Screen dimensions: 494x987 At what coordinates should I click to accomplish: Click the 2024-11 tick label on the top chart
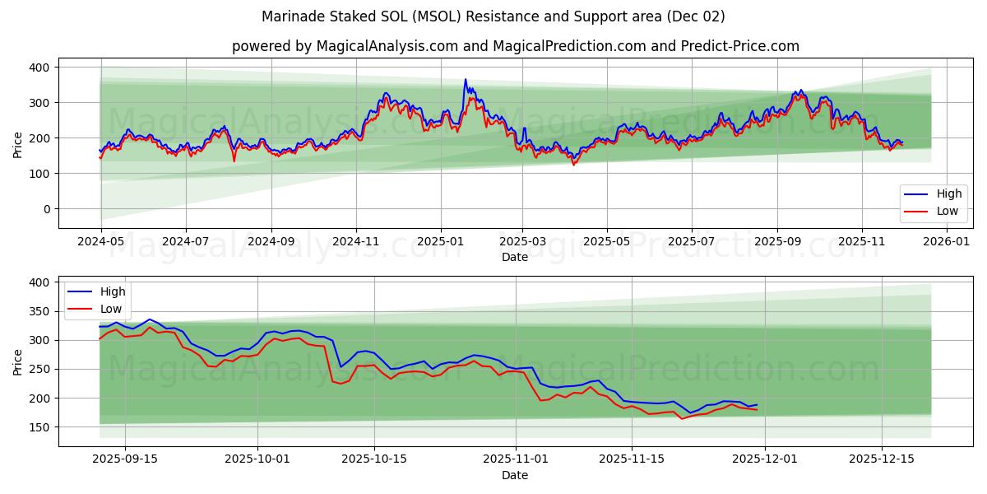(x=356, y=243)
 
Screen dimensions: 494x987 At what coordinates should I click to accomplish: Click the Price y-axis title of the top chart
(x=18, y=144)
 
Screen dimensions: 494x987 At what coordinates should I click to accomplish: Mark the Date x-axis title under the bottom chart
(x=515, y=475)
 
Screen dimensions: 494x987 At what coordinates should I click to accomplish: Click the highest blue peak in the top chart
(x=465, y=80)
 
